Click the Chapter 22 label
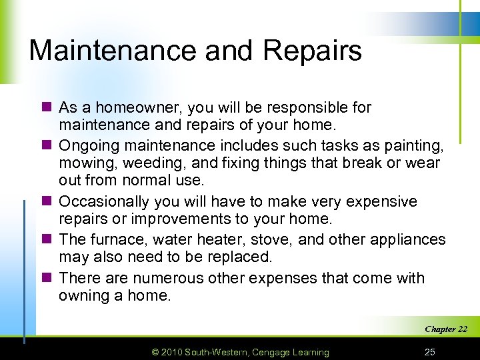[445, 329]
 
